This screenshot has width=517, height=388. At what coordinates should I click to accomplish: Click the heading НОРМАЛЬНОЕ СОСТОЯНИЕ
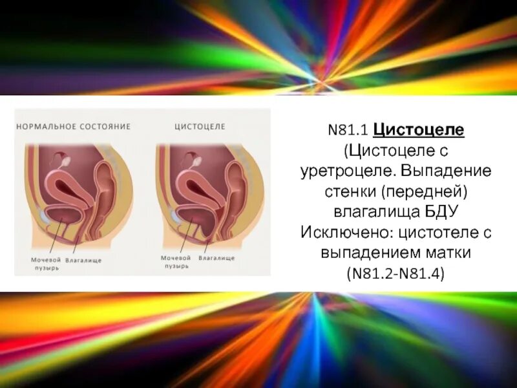point(74,126)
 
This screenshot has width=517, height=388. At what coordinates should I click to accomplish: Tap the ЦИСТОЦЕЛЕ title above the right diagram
point(200,126)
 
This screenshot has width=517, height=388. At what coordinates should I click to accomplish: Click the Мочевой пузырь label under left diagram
point(46,263)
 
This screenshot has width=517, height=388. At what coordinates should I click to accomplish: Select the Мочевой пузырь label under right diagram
point(175,261)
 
